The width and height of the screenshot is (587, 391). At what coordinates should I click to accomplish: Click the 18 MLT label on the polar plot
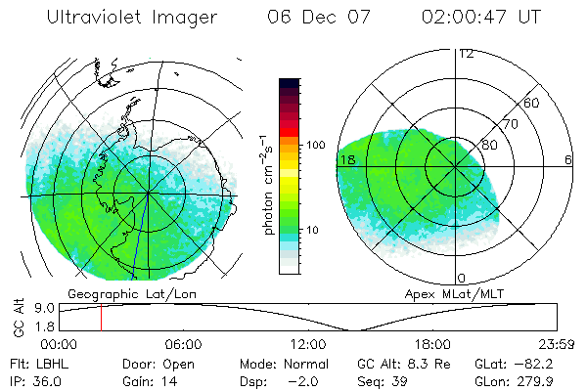point(346,159)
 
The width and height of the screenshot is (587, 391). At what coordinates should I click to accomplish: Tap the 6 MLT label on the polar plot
point(568,159)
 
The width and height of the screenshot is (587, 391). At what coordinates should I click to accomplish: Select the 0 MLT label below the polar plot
point(462,279)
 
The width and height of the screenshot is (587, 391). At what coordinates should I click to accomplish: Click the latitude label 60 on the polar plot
point(532,103)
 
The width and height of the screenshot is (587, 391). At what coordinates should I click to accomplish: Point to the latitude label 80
point(490,146)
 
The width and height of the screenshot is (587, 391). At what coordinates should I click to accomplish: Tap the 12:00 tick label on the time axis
point(308,344)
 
